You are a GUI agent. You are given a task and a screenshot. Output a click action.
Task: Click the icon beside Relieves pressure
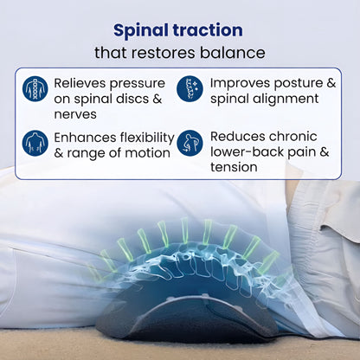35,89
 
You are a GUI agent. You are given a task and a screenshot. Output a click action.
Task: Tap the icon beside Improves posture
190,89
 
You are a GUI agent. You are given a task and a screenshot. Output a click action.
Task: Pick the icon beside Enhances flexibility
35,143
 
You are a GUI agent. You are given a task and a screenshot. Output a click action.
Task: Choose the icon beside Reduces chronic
190,143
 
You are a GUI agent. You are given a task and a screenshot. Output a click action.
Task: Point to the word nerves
75,113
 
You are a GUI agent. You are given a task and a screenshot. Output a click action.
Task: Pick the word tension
235,168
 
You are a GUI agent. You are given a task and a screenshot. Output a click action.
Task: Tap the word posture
298,82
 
